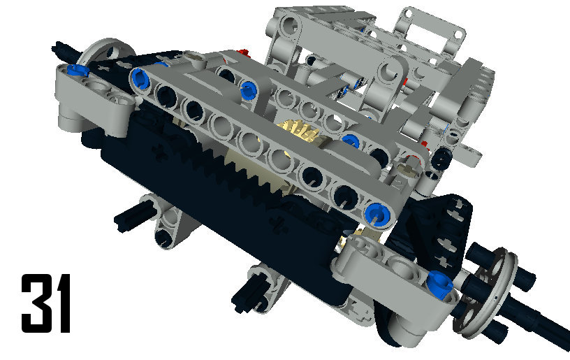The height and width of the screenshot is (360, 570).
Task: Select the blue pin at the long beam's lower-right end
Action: tap(379, 214)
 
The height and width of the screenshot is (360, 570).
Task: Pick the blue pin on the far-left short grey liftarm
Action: tap(78, 69)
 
